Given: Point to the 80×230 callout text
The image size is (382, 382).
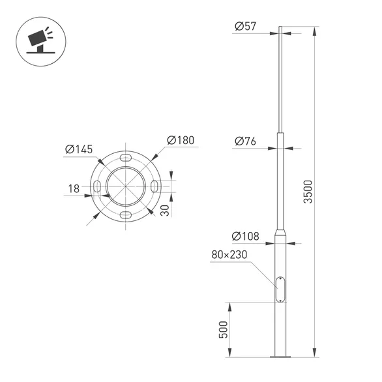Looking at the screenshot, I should pyautogui.click(x=229, y=254).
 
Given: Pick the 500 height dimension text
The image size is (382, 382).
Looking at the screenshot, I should pyautogui.click(x=223, y=330).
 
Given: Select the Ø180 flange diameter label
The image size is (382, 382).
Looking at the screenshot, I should pyautogui.click(x=181, y=140).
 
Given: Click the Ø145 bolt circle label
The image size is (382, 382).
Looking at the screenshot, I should pyautogui.click(x=79, y=150).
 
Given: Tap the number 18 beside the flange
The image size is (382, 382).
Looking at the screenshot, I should pyautogui.click(x=74, y=188).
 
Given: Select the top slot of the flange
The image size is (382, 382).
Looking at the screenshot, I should pyautogui.click(x=125, y=158).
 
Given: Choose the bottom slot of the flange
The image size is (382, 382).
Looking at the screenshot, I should pyautogui.click(x=125, y=216).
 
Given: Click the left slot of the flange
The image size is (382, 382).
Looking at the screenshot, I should pyautogui.click(x=96, y=187).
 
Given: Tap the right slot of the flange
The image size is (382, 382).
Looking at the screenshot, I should pyautogui.click(x=153, y=187).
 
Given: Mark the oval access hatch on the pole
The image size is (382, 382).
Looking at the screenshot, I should pyautogui.click(x=280, y=288).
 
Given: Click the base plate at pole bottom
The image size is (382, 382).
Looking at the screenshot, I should pyautogui.click(x=281, y=357).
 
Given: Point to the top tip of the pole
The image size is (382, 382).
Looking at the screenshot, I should pyautogui.click(x=280, y=28).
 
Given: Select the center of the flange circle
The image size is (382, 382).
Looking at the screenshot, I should pyautogui.click(x=125, y=187).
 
